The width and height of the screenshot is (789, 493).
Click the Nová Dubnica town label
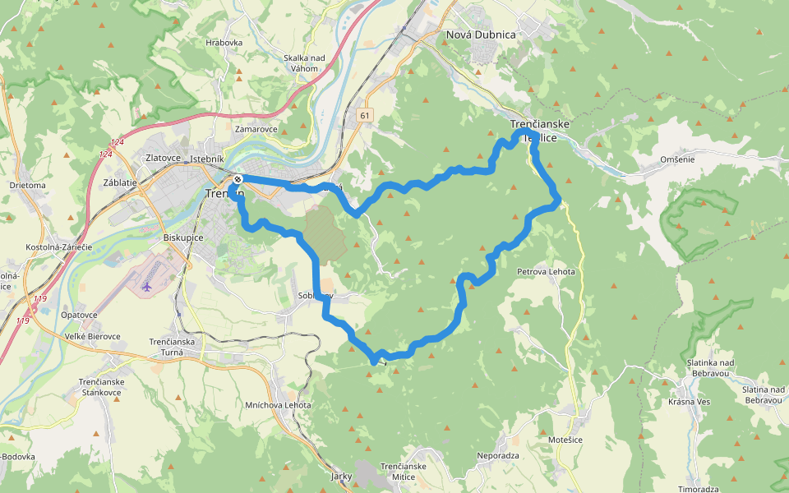pos(480,35)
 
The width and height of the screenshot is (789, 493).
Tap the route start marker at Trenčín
pos(237,179)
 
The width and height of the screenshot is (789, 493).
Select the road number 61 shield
pos(364,117)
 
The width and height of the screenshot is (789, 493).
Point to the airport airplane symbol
pos(147,286)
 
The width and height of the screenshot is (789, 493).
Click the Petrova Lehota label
pos(546,271)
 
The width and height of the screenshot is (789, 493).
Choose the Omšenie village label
pos(677,159)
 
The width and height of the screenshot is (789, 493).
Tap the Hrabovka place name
pos(224,43)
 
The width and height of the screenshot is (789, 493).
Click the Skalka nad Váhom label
pos(304,62)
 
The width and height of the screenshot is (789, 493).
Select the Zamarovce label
pos(256,129)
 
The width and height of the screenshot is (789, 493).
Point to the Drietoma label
pos(28,185)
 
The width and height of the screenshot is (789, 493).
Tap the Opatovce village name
pos(79,315)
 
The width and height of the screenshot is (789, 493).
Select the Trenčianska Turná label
pos(172,347)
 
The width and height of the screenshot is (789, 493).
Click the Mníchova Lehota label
pos(278,405)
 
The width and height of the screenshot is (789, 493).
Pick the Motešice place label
pos(566,440)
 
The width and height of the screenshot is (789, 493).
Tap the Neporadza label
pos(498,454)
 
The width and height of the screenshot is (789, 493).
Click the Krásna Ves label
pos(688,402)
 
